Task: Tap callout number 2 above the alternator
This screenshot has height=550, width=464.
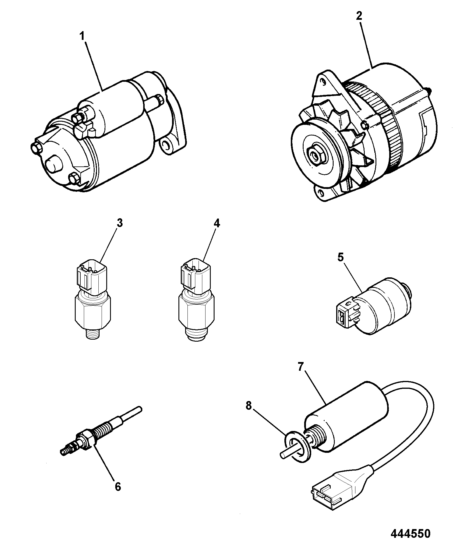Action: click(x=359, y=16)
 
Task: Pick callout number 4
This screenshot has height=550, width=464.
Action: click(x=217, y=223)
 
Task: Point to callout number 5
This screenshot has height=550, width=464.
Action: click(x=341, y=258)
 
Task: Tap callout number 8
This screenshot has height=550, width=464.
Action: click(x=248, y=405)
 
